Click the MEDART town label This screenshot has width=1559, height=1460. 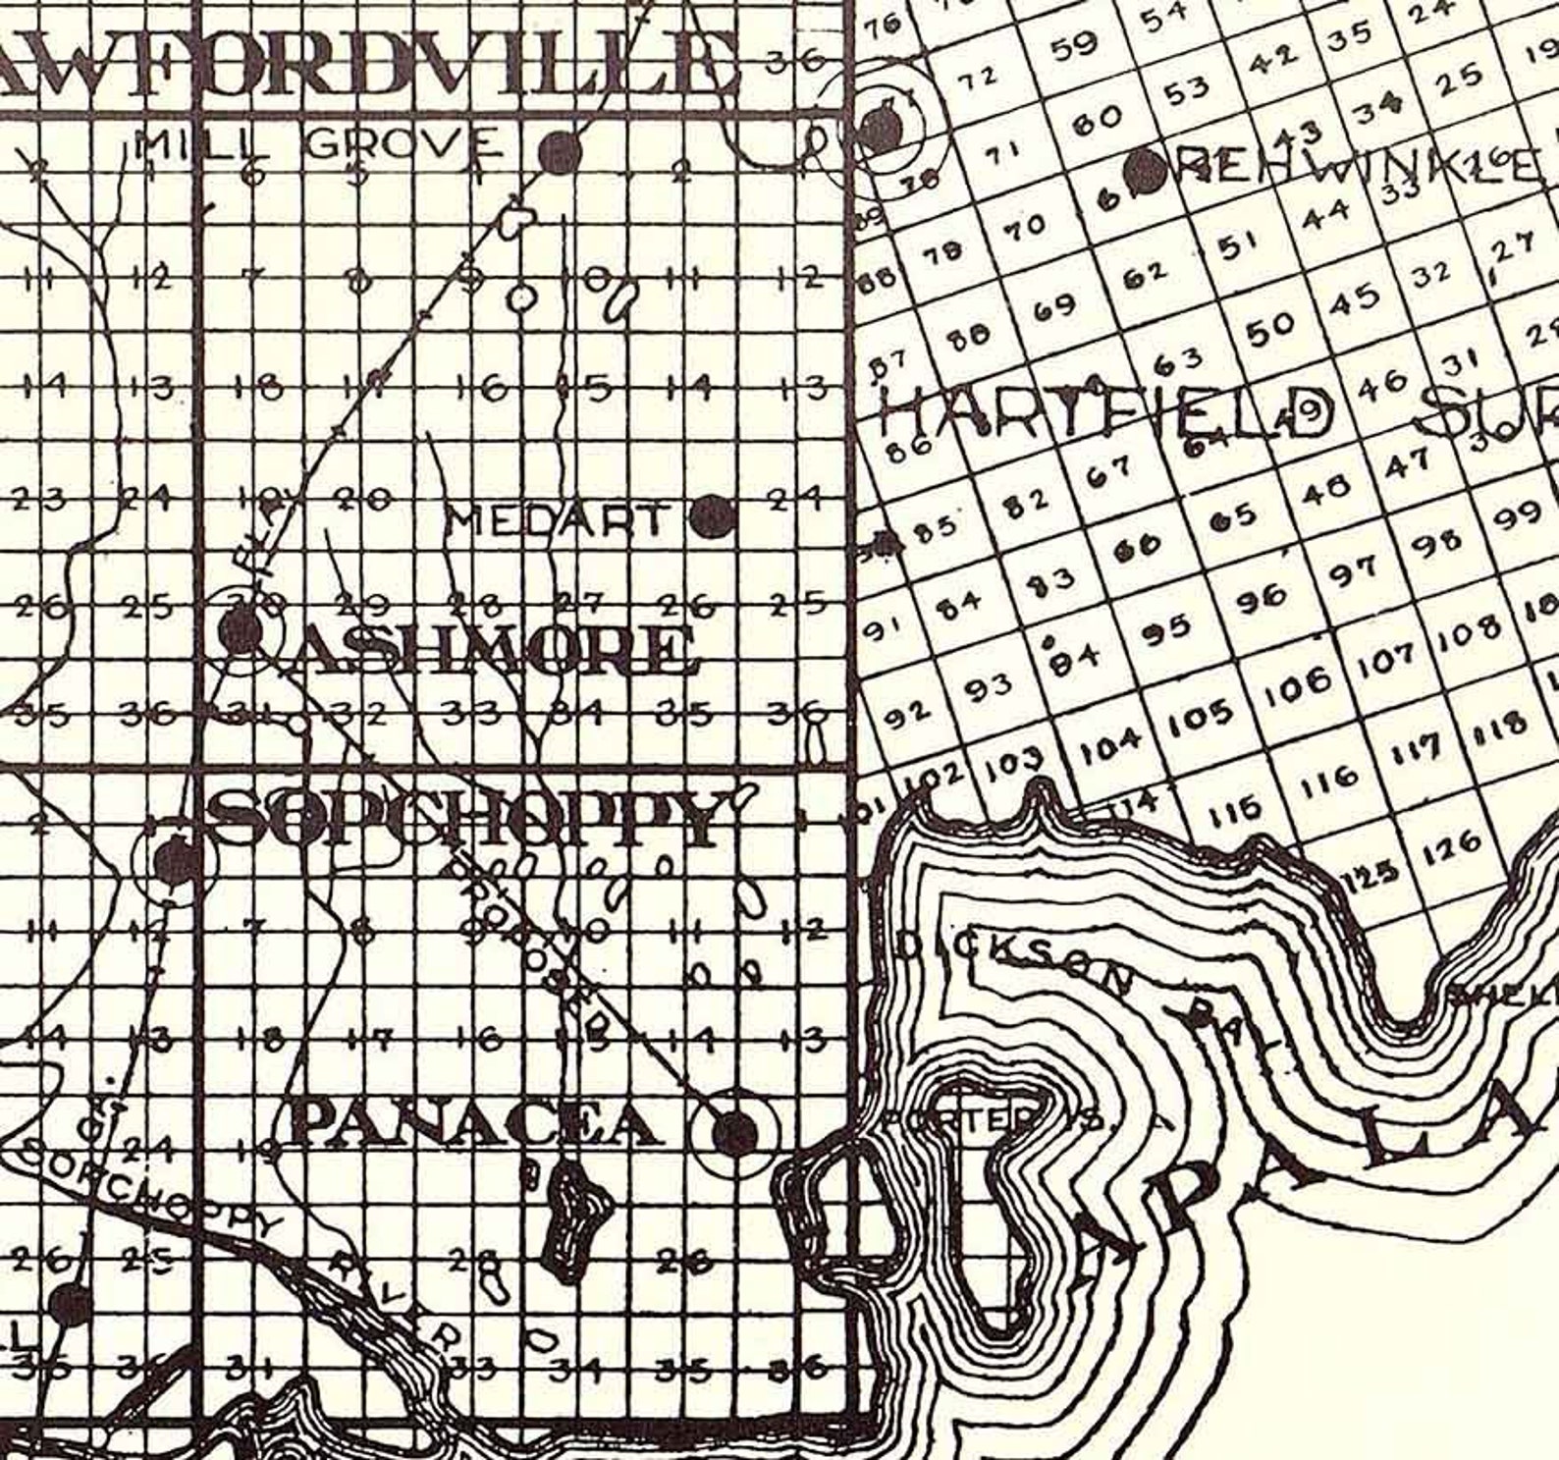coord(557,518)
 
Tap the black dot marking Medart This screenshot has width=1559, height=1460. coord(713,516)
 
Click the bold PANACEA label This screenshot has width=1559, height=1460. coord(474,1123)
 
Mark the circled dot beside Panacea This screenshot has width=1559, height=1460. coord(735,1133)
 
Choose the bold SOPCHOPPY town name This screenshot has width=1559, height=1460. coord(466,817)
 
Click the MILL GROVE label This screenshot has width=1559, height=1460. coord(317,147)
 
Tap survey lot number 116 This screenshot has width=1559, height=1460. coord(1332,780)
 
